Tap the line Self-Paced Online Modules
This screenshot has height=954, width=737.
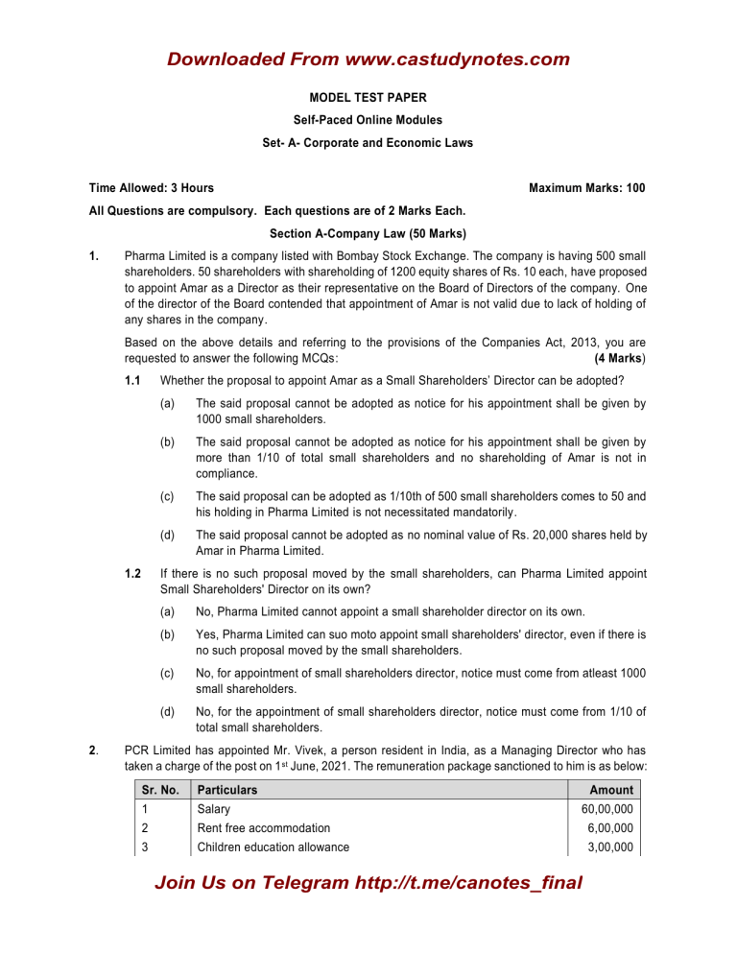[368, 121]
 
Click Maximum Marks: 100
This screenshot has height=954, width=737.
[586, 188]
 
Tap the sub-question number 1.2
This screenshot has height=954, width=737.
[135, 574]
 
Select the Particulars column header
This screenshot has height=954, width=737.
[228, 789]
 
